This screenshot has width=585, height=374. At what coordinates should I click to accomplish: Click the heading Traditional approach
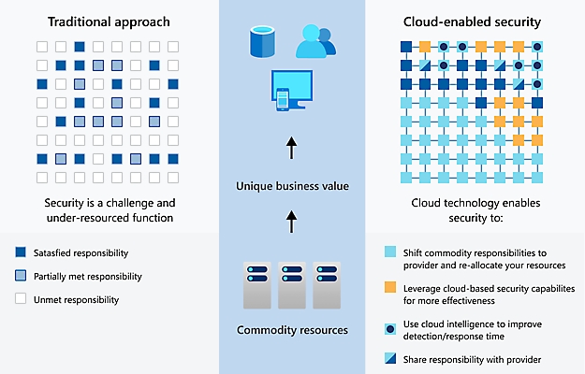click(109, 20)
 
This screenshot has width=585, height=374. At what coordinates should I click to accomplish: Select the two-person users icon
click(315, 41)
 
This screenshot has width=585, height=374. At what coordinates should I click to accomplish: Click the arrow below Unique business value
click(291, 222)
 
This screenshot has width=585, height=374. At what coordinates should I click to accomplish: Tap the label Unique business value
click(292, 186)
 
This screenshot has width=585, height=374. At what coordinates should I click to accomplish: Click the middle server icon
click(292, 282)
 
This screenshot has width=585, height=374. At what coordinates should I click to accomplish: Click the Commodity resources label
click(292, 330)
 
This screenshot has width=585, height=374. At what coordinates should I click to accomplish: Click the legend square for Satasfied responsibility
click(21, 253)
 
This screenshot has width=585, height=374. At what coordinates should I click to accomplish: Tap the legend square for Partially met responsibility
click(21, 276)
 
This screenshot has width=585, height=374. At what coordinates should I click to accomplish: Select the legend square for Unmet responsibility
click(21, 299)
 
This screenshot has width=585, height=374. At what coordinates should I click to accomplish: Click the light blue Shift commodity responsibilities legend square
click(389, 252)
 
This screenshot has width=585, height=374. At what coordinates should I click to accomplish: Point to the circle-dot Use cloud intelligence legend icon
click(389, 328)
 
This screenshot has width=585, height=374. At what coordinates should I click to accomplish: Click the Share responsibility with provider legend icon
click(389, 359)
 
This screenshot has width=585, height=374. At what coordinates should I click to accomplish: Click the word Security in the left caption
click(66, 204)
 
